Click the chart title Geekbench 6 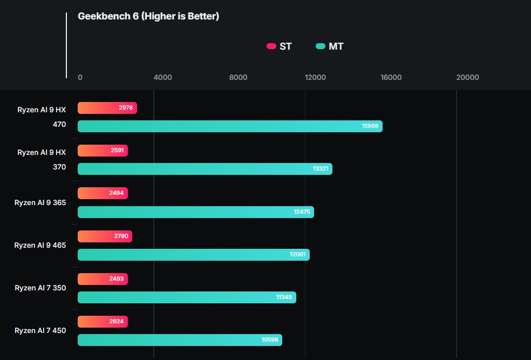pyautogui.click(x=148, y=16)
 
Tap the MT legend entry pyautogui.click(x=329, y=46)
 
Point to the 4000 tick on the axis pyautogui.click(x=162, y=78)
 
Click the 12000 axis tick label pyautogui.click(x=315, y=78)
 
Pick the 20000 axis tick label pyautogui.click(x=467, y=78)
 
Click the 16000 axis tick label pyautogui.click(x=391, y=78)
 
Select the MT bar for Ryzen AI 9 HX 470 pyautogui.click(x=230, y=126)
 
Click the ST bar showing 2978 pyautogui.click(x=107, y=108)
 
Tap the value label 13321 pyautogui.click(x=320, y=169)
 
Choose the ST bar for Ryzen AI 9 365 pyautogui.click(x=103, y=193)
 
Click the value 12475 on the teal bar pyautogui.click(x=302, y=212)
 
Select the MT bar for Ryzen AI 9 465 pyautogui.click(x=193, y=255)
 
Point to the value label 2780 pyautogui.click(x=121, y=236)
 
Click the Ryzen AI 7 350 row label pyautogui.click(x=40, y=288)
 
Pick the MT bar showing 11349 pyautogui.click(x=187, y=297)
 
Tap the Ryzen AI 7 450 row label pyautogui.click(x=40, y=330)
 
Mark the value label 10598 pyautogui.click(x=270, y=340)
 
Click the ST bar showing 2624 pyautogui.click(x=103, y=322)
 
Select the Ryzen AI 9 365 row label pyautogui.click(x=40, y=202)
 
